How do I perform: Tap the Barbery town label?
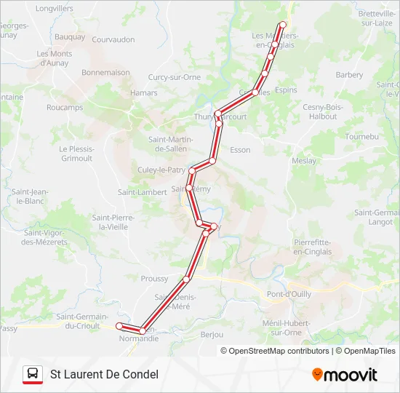coord(349,74)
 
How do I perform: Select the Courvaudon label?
coord(113,39)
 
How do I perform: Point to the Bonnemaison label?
coord(105,72)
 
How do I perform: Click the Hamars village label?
coord(143,92)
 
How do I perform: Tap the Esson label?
coord(240,150)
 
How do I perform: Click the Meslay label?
coord(304,160)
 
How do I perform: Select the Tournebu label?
coord(362,136)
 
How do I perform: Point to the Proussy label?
coord(154,278)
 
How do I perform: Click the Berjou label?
coord(212,335)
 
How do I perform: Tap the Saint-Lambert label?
coord(143,192)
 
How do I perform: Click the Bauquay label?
coord(70,36)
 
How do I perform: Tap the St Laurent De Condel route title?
coord(104,375)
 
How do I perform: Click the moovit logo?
coord(345,375)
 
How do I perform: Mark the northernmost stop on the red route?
coord(283,25)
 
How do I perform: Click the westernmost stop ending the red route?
coord(119,326)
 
